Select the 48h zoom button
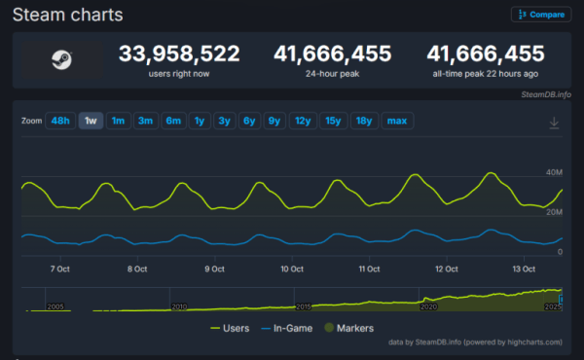[x=60, y=121]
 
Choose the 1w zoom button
[x=91, y=121]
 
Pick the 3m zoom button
[x=146, y=121]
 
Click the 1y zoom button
[x=200, y=121]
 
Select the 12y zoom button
[x=303, y=121]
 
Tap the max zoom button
[x=397, y=121]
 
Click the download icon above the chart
[x=554, y=123]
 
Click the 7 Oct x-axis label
[x=58, y=269]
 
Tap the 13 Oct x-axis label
[x=525, y=269]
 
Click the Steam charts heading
[x=67, y=15]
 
